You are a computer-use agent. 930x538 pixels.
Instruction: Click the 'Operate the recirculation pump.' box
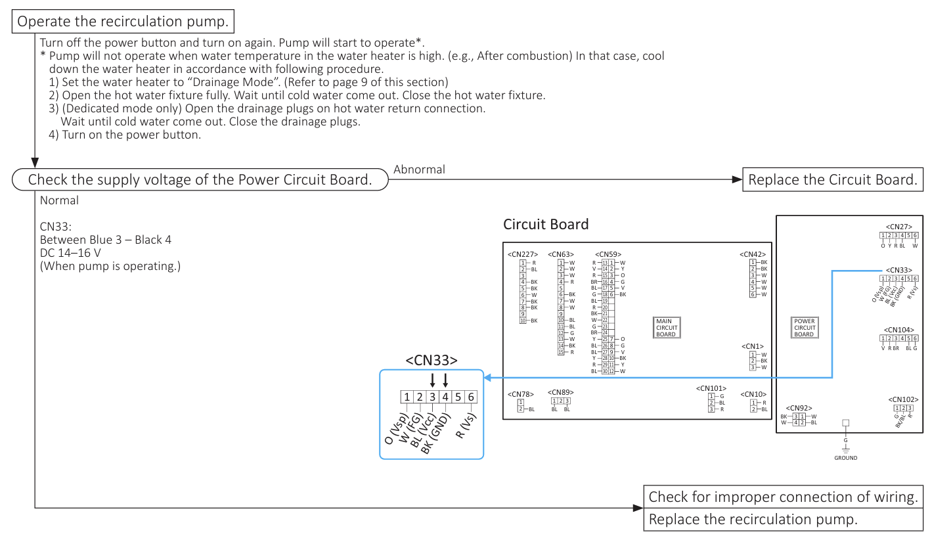pos(123,22)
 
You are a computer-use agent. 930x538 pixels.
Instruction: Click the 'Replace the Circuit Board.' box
pos(832,180)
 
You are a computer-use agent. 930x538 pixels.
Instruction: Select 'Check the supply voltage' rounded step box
pos(200,180)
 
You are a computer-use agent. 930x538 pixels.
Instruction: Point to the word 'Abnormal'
pos(419,169)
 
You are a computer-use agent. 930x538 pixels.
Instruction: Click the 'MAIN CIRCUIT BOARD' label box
pos(665,328)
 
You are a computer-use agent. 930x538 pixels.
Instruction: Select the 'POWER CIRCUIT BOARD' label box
pos(804,328)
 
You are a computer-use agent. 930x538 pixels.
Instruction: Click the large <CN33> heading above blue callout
pos(432,360)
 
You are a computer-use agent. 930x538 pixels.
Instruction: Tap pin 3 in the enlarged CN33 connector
pos(432,397)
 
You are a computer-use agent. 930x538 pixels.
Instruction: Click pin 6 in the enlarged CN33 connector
pos(470,397)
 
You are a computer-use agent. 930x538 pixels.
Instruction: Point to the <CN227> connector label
pos(522,254)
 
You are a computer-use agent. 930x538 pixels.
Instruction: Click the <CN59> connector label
pos(608,254)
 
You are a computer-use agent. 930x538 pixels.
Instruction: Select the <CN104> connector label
pos(898,330)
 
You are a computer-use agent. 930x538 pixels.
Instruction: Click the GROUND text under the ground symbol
pos(845,458)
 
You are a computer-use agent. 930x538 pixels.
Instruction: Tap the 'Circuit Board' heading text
pos(546,225)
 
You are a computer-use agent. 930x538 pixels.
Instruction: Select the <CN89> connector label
pos(561,392)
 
